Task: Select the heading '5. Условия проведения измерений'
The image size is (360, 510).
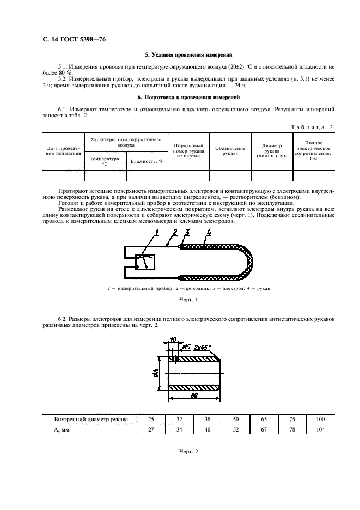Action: tap(188, 55)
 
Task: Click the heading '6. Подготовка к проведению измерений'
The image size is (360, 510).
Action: tap(188, 98)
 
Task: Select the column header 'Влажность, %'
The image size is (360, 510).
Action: tap(147, 161)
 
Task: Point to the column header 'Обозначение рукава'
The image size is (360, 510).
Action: tap(230, 151)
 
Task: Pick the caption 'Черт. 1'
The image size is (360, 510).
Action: tap(188, 300)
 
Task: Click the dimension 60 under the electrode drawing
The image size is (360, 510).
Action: tap(193, 396)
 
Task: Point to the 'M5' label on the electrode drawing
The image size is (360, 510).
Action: tap(186, 347)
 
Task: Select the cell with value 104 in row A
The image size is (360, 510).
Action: tap(319, 430)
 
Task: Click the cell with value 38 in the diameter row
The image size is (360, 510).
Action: tap(208, 419)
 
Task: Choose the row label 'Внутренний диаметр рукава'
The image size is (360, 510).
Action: tap(91, 419)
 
